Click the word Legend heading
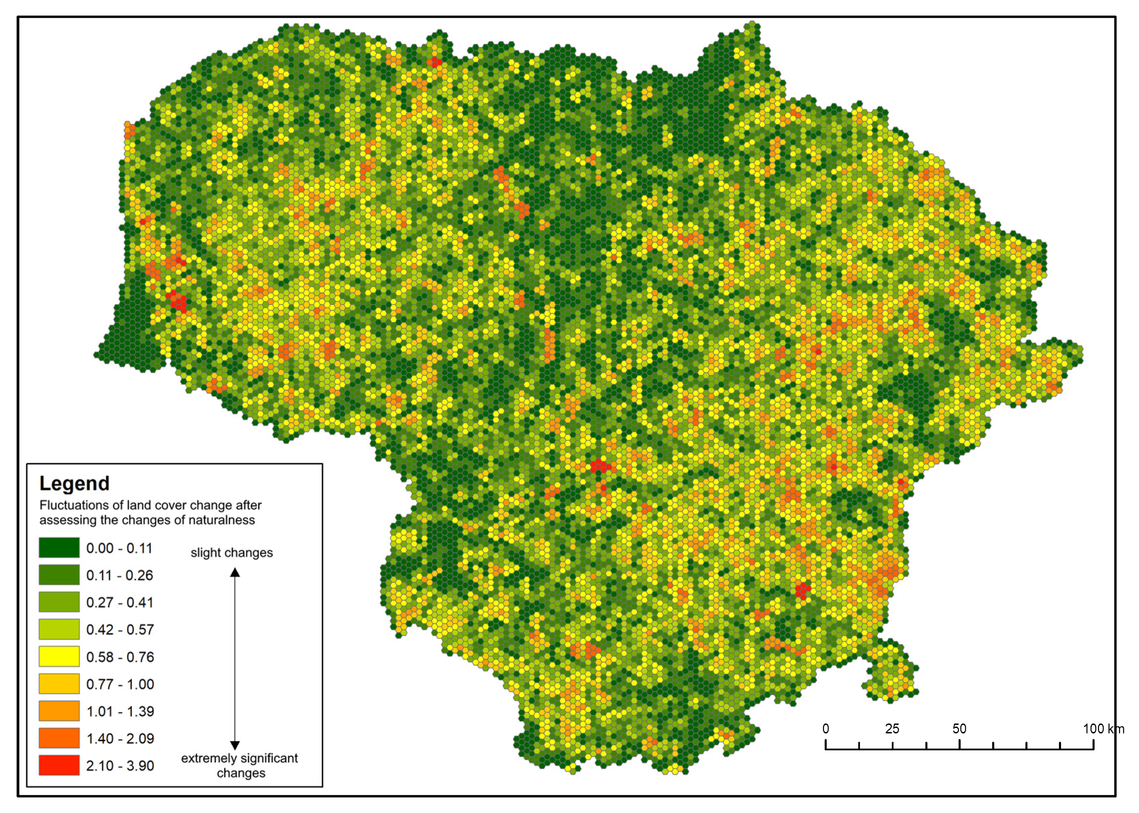click(74, 484)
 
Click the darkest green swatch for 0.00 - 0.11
click(59, 548)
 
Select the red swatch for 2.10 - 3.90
click(59, 765)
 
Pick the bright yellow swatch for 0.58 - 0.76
click(59, 656)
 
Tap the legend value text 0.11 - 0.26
click(119, 575)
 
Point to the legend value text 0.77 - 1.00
click(120, 684)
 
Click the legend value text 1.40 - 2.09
click(120, 738)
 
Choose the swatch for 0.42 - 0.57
click(59, 629)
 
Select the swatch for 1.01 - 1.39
click(59, 711)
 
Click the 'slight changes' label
click(231, 553)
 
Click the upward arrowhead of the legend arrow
click(235, 572)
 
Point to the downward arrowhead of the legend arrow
click(235, 746)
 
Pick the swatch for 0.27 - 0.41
click(59, 602)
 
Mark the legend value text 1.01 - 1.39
click(120, 711)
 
